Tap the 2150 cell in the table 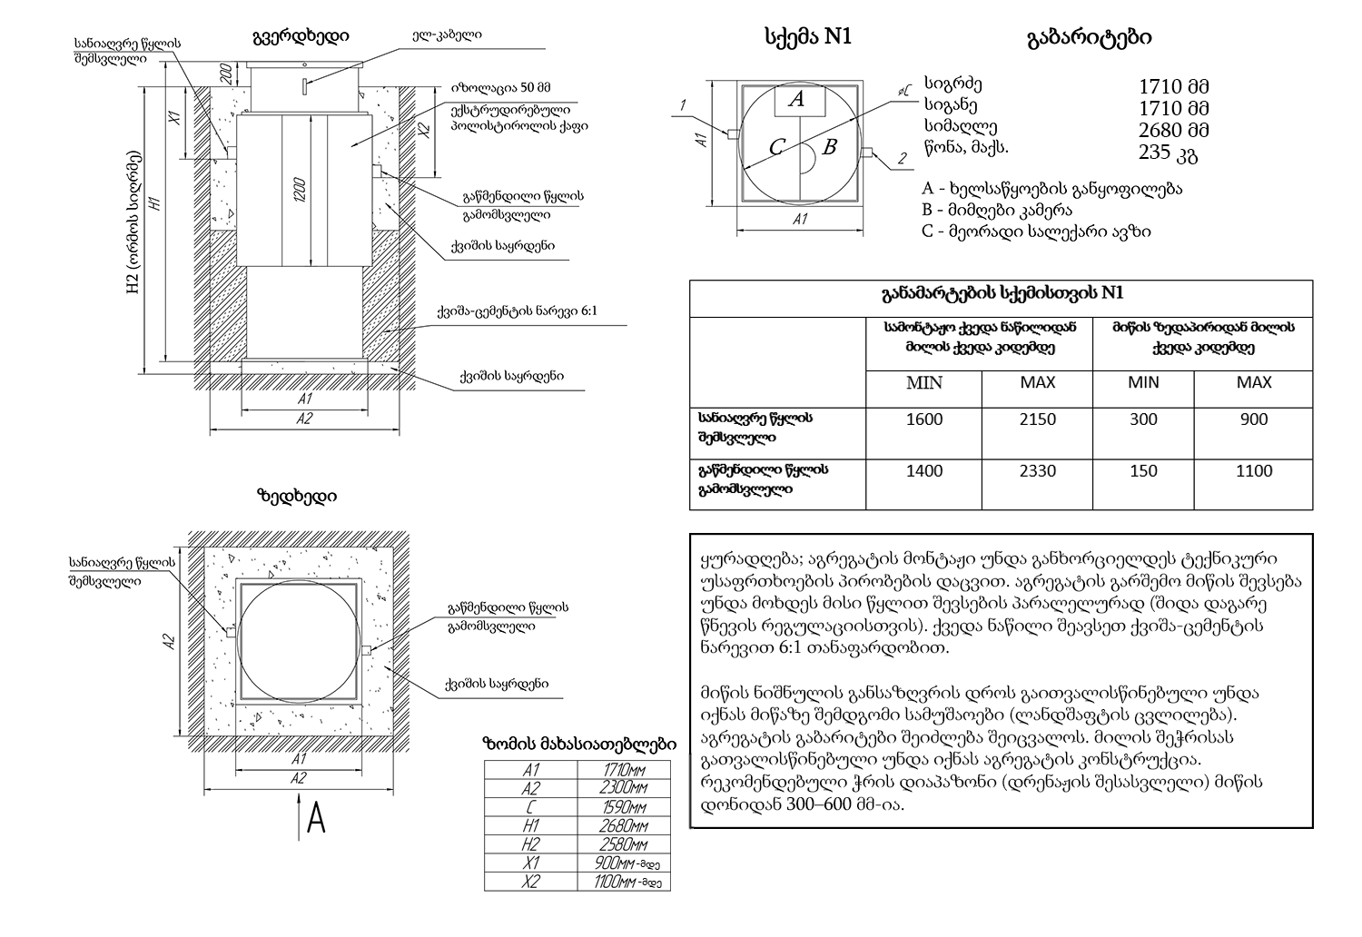point(1037,419)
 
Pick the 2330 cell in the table point(1037,471)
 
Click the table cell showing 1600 point(924,419)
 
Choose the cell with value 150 point(1143,471)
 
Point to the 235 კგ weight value point(1169,153)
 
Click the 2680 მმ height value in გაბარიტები point(1174,130)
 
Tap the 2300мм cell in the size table point(624,788)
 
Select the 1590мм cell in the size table point(624,807)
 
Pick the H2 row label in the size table point(531,844)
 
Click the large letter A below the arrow point(316,820)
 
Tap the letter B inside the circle point(828,146)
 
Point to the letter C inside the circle point(776,147)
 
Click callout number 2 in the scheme point(902,159)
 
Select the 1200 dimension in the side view point(300,189)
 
